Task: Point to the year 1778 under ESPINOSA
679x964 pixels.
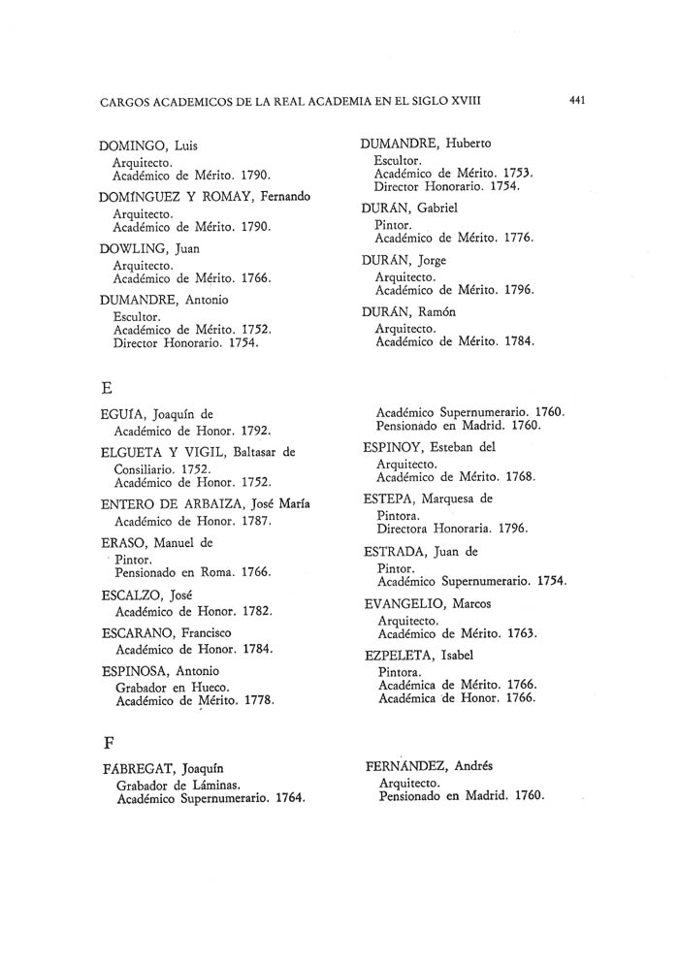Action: click(256, 700)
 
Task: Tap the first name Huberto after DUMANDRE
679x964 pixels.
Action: click(469, 143)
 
